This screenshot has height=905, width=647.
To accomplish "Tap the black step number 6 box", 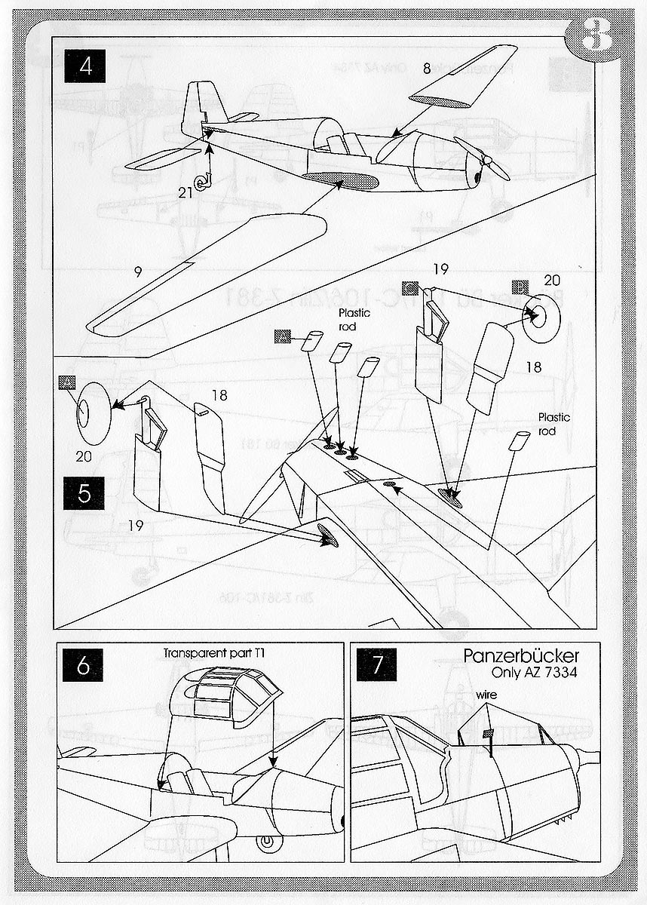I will coord(84,666).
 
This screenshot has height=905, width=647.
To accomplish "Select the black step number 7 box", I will coord(377,666).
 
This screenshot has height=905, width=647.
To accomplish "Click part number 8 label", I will coord(426,69).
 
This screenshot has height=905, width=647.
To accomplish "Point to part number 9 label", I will coord(137,271).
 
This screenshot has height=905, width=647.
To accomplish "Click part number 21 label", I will coord(185,192).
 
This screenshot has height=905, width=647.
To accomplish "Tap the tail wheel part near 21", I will coord(202,181).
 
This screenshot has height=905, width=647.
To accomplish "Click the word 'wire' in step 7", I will coord(484,693).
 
